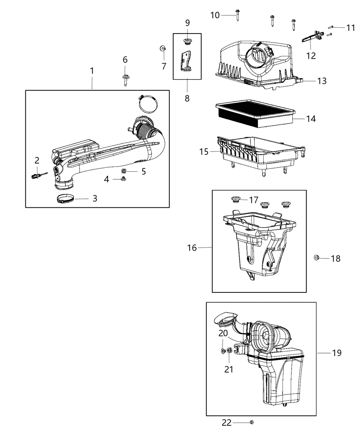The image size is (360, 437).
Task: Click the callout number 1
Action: pyautogui.click(x=92, y=71)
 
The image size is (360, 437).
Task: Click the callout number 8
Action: pyautogui.click(x=187, y=98)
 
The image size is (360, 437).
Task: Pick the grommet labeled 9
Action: pyautogui.click(x=187, y=42)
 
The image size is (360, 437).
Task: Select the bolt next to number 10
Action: pyautogui.click(x=237, y=15)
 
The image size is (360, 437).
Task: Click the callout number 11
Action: pyautogui.click(x=350, y=28)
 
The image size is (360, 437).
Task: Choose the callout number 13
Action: pyautogui.click(x=322, y=81)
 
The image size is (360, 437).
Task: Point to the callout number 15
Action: pyautogui.click(x=204, y=151)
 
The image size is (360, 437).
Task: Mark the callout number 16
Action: pyautogui.click(x=192, y=247)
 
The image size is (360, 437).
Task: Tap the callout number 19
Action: pyautogui.click(x=337, y=352)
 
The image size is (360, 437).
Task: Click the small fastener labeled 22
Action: pyautogui.click(x=252, y=422)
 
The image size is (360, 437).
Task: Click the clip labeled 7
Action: pyautogui.click(x=162, y=48)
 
